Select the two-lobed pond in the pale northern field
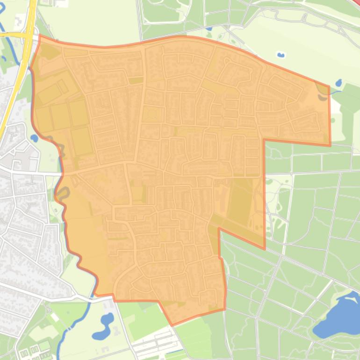pyautogui.click(x=281, y=55)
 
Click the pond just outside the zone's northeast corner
pyautogui.click(x=338, y=83)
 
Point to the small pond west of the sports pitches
pyautogui.click(x=34, y=138)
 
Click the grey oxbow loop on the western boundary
pyautogui.click(x=64, y=192)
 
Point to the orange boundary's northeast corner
pyautogui.click(x=329, y=86)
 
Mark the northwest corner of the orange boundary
pyautogui.click(x=40, y=35)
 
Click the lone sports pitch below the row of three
pyautogui.click(x=82, y=141)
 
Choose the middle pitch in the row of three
pyautogui.click(x=60, y=116)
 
